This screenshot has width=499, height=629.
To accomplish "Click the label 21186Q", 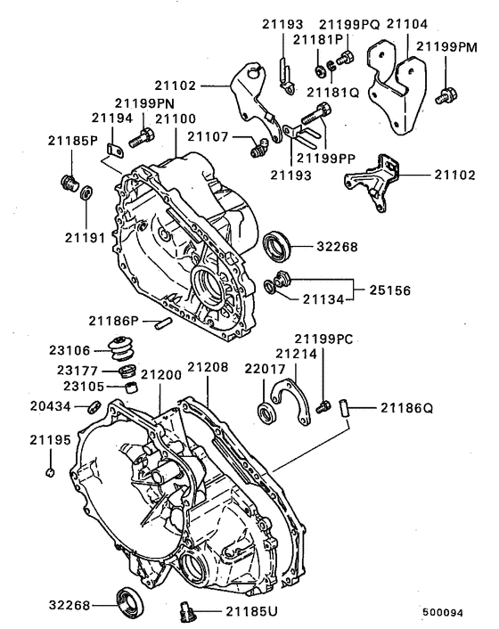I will click(405, 409).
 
